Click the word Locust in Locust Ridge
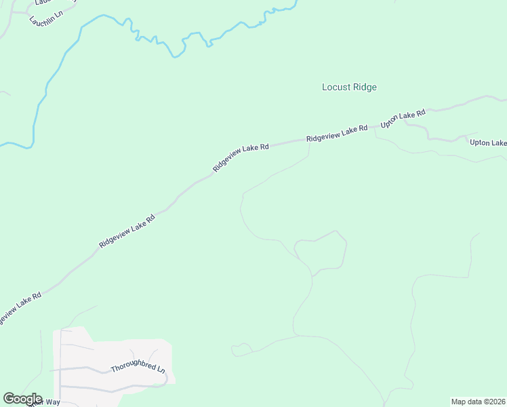click(336, 88)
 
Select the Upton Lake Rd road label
click(403, 119)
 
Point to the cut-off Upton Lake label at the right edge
click(488, 142)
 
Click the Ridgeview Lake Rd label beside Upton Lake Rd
click(337, 133)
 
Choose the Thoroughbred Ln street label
click(138, 367)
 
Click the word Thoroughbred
click(132, 368)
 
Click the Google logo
click(22, 399)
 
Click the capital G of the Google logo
click(9, 399)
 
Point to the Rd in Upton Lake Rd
click(421, 113)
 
